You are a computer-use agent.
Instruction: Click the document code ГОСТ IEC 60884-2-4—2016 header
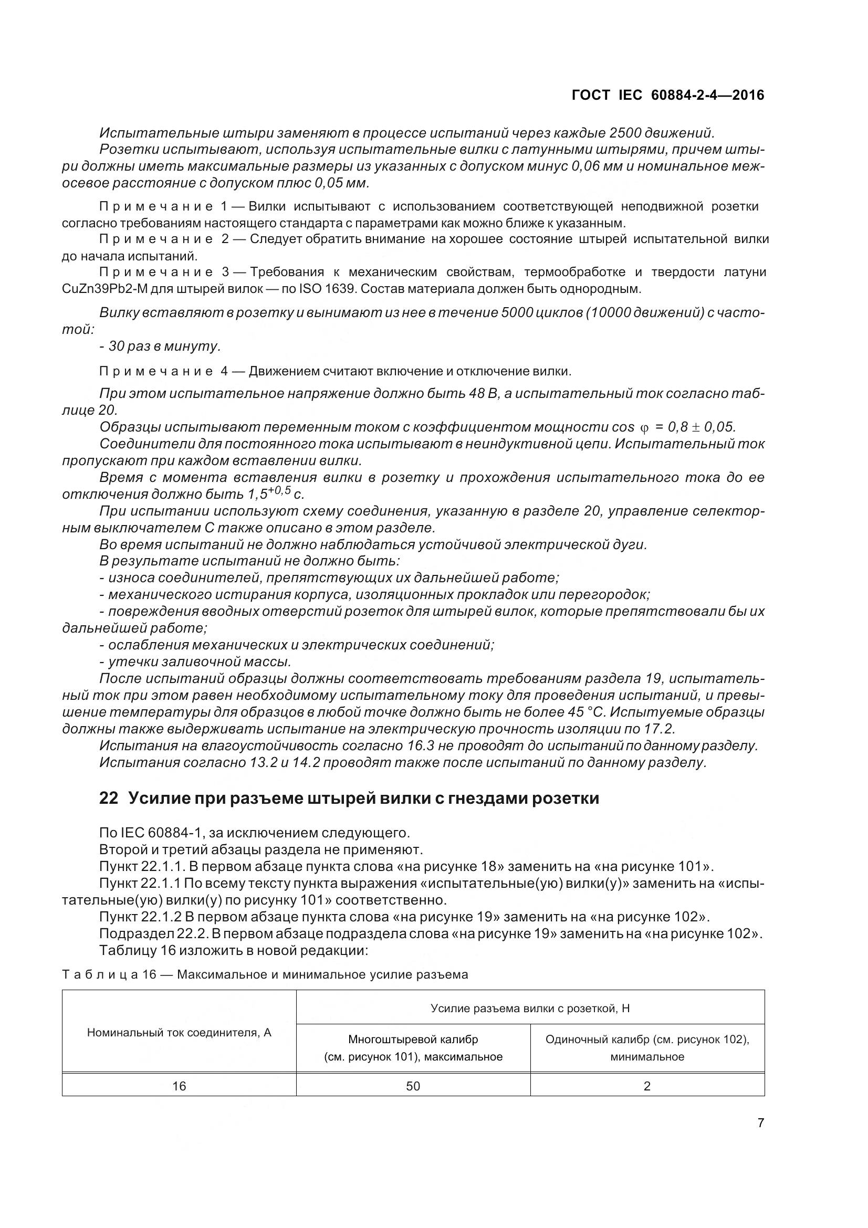(668, 95)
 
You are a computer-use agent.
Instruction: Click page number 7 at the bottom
(760, 1123)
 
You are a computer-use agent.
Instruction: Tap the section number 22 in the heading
(109, 799)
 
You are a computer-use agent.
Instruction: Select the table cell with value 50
(413, 1086)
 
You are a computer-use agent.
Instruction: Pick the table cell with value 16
(179, 1086)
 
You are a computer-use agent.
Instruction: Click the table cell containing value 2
(647, 1086)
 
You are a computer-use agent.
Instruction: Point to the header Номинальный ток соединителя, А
(179, 1033)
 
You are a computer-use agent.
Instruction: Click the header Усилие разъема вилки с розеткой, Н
(530, 1009)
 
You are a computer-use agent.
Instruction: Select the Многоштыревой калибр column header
(413, 1048)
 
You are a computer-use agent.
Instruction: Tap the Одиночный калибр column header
(647, 1048)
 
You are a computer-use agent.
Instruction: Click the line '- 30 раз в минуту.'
(160, 347)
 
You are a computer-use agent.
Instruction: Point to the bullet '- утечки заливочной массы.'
(195, 662)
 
